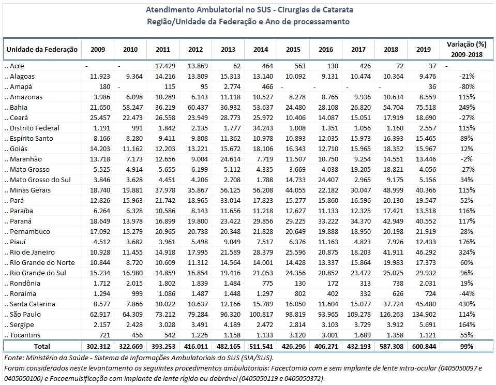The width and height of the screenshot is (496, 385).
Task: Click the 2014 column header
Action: point(260,50)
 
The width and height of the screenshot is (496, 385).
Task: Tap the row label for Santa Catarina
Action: point(31,304)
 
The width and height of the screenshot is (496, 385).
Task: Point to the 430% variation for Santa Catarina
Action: point(466,304)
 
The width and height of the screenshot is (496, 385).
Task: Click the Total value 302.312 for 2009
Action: point(94,346)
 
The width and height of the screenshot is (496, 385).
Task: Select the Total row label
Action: point(42,346)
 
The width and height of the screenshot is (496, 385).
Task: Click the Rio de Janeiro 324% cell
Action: point(466,252)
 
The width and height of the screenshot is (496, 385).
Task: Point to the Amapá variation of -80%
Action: point(466,86)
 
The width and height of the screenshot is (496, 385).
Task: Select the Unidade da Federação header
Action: point(42,50)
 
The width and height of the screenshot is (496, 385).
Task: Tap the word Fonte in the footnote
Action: point(12,358)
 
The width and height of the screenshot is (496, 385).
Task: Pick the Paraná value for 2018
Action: point(390,221)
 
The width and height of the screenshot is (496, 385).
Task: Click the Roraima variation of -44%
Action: point(466,293)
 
